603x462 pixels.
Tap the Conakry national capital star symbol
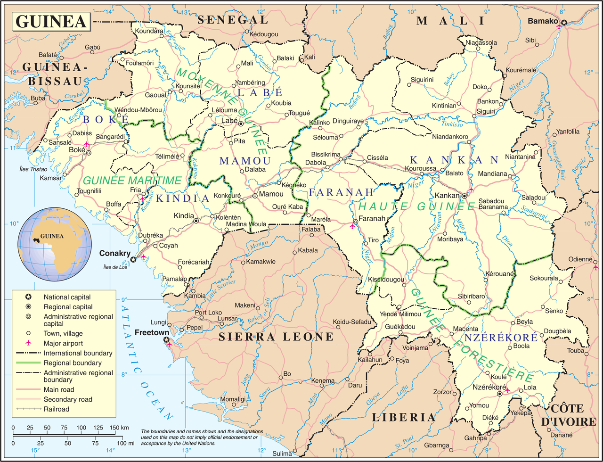click(134, 259)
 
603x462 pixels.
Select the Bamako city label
click(542, 21)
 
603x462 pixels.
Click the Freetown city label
click(148, 332)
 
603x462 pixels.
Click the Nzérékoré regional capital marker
click(500, 393)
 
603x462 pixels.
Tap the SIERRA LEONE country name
click(276, 337)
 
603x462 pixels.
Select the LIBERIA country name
click(404, 417)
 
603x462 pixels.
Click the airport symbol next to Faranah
click(352, 227)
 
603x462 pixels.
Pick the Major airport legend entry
click(64, 343)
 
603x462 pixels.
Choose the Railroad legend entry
click(56, 409)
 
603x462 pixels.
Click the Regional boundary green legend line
click(28, 363)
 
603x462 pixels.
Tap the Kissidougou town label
click(386, 279)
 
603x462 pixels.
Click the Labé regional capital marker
click(241, 124)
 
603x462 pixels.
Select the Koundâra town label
click(149, 31)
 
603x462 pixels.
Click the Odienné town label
click(579, 259)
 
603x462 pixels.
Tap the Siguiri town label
click(486, 111)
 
